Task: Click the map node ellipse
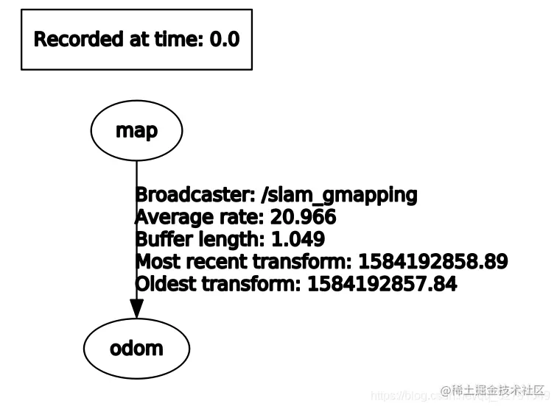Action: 136,131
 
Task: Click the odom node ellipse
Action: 136,348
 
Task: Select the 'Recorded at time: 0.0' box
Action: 136,39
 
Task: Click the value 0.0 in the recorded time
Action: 225,39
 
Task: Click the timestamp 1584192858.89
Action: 432,262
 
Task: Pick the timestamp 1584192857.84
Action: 382,284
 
